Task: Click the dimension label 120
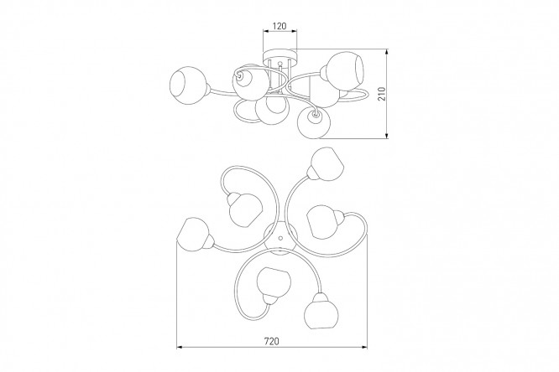[x=279, y=26]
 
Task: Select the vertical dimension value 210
[x=382, y=94]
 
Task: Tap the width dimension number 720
[x=272, y=341]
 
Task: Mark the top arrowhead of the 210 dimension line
[x=387, y=52]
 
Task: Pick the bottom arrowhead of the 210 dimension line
[x=387, y=135]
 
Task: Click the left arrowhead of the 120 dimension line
[x=266, y=32]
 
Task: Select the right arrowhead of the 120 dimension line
[x=294, y=32]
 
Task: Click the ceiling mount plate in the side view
[x=279, y=56]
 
